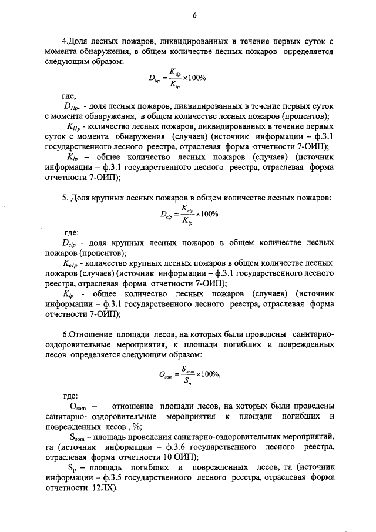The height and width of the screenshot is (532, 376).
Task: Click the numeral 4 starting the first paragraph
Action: pos(65,41)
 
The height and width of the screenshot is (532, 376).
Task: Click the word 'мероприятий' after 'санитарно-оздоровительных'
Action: pos(307,437)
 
